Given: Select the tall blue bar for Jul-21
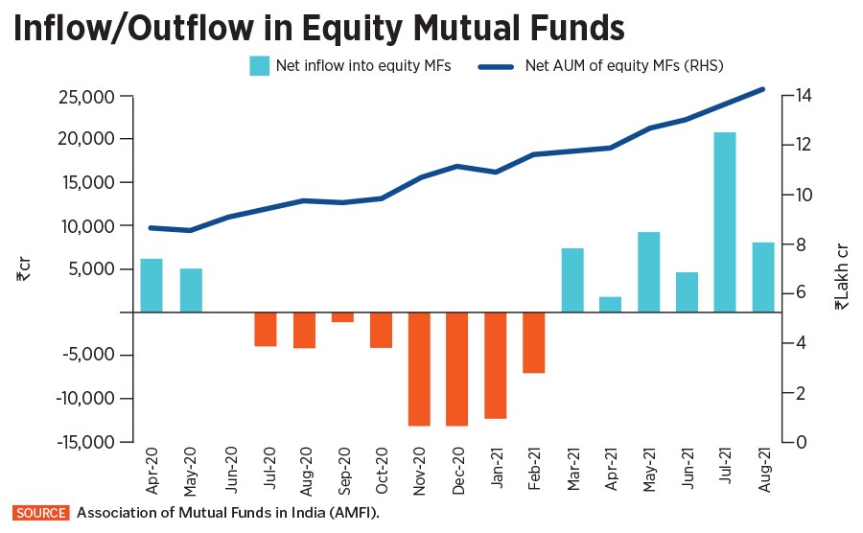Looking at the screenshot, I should point(725,221).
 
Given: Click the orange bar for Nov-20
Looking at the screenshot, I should point(419,368).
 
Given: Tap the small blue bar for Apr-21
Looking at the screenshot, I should point(610,304).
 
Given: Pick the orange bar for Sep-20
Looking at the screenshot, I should point(342,317).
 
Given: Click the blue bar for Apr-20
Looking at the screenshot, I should point(152,285).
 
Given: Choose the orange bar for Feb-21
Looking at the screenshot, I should point(534,342).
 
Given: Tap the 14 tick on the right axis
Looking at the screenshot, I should point(804,95).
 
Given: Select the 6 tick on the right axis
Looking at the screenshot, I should point(804,293).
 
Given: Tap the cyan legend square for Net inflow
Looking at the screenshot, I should point(259,66).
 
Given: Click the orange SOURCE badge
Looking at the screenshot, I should point(40,513).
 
